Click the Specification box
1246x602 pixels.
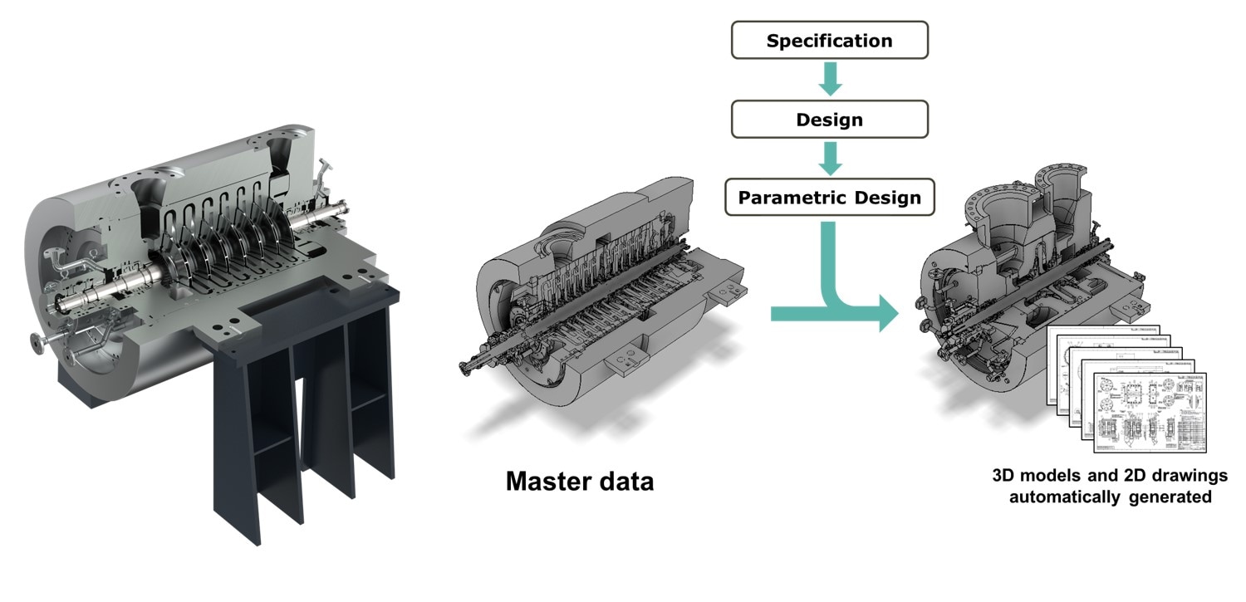pos(829,41)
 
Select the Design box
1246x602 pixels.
pos(829,120)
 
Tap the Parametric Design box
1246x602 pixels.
pos(829,198)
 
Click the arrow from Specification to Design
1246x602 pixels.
pos(829,80)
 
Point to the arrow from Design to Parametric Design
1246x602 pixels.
pos(829,159)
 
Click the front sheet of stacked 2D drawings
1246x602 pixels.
pos(1150,412)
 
